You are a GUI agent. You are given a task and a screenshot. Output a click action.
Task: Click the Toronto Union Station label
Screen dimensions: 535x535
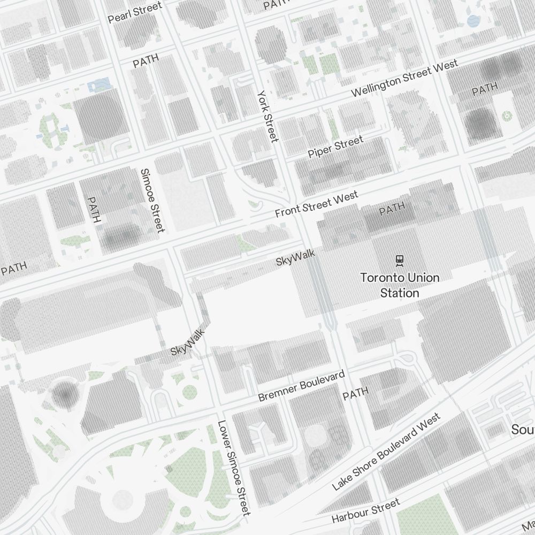400,285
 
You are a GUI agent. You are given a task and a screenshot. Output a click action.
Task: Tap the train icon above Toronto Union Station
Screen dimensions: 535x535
399,261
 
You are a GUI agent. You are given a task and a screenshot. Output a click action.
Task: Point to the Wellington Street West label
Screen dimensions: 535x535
404,79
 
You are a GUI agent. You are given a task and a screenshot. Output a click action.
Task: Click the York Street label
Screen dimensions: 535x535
267,116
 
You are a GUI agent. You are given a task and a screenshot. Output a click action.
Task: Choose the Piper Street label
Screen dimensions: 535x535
335,147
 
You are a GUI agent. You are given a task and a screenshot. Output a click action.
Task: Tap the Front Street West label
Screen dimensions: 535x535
316,205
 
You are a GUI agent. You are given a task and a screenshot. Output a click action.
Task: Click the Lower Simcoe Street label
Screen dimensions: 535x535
234,468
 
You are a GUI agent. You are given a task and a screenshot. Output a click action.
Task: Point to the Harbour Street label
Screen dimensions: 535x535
365,511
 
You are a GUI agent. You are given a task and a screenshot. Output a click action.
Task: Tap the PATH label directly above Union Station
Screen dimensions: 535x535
392,209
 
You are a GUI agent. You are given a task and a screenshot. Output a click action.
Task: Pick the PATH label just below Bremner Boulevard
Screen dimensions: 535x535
355,394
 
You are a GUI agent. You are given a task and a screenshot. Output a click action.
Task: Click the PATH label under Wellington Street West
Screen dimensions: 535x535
485,89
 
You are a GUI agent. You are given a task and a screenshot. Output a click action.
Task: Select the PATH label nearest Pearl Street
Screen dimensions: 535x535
146,60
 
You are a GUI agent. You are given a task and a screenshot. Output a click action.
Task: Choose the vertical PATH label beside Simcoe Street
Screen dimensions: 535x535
94,210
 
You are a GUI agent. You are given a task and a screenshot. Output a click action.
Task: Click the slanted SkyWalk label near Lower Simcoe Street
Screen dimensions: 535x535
188,343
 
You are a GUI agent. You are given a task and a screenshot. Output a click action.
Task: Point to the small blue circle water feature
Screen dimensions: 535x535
473,21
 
